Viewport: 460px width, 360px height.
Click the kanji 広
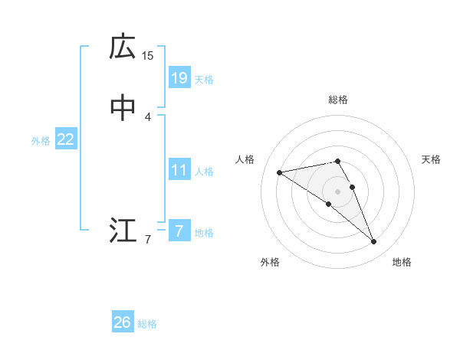[x=123, y=47]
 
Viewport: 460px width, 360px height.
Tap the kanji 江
[x=123, y=231]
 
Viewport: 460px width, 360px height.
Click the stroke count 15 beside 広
[x=148, y=55]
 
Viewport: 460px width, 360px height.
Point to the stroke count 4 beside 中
[x=148, y=116]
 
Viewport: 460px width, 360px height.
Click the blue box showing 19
[x=179, y=77]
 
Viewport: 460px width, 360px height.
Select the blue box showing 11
[x=179, y=170]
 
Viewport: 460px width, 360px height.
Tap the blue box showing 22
[x=65, y=139]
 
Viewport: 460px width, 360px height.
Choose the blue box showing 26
[x=123, y=322]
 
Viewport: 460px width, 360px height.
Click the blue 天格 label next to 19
[x=204, y=79]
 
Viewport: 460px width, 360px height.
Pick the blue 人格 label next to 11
[x=204, y=172]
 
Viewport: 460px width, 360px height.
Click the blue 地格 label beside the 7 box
[x=204, y=233]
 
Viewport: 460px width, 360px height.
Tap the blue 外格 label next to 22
[x=41, y=141]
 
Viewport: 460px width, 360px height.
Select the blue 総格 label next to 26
[x=147, y=324]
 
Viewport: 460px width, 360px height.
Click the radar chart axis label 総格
[x=338, y=100]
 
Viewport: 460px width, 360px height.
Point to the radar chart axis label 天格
[x=431, y=159]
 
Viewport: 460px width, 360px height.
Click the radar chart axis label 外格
[x=270, y=262]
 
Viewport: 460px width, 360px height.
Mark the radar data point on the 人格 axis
[x=280, y=172]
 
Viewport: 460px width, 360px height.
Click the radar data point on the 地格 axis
[x=374, y=242]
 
